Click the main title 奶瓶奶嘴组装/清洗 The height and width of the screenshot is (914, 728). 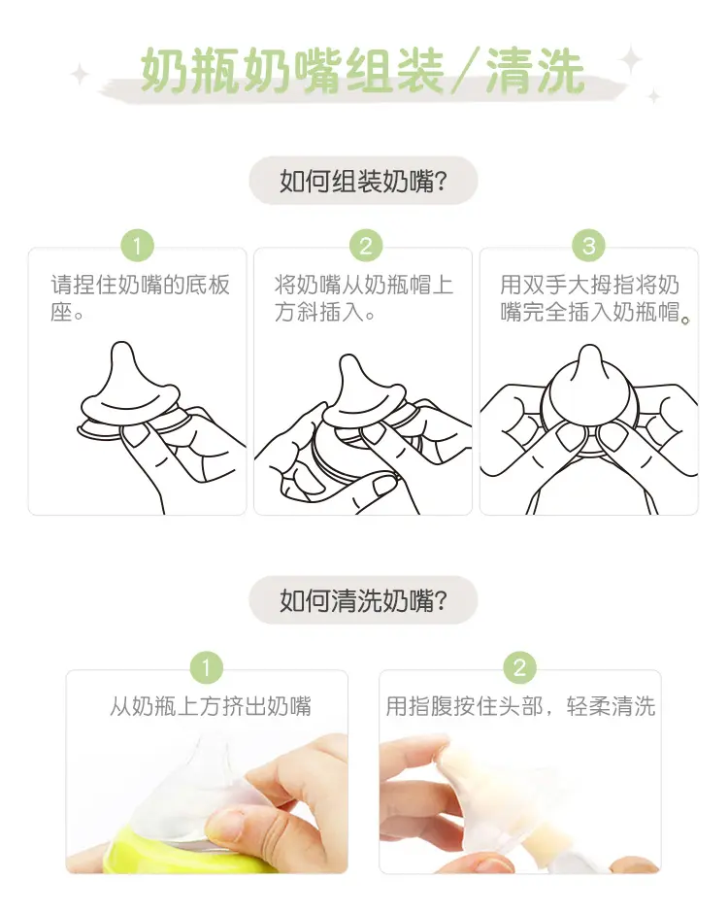(x=362, y=71)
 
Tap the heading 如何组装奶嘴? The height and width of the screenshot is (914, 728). (x=363, y=182)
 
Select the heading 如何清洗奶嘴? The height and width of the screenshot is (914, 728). (x=363, y=600)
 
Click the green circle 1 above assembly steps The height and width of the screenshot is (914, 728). (x=138, y=246)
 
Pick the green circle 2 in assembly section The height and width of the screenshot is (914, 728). (x=366, y=246)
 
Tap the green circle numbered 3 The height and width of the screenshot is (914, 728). (x=589, y=246)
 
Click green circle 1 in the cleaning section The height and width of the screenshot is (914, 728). (x=206, y=667)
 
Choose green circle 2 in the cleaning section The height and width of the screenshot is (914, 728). (x=519, y=667)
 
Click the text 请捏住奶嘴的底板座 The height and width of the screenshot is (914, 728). (x=140, y=298)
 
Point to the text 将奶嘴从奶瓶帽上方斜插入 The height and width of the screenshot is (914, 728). (x=363, y=298)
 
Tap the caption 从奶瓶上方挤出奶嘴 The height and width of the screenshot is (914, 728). (x=211, y=706)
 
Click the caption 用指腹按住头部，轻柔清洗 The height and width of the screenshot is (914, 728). (x=520, y=706)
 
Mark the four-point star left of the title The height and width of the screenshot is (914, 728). (x=80, y=75)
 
